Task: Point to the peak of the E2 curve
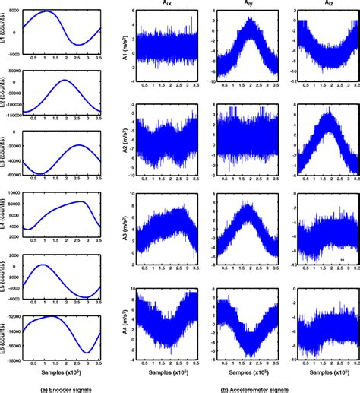tap(66, 81)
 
